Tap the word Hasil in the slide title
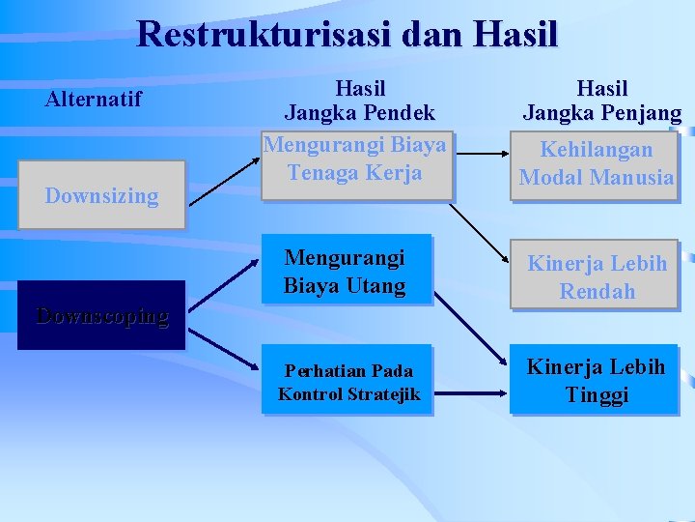pyautogui.click(x=516, y=34)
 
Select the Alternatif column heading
pyautogui.click(x=95, y=99)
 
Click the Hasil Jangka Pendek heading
pyautogui.click(x=359, y=101)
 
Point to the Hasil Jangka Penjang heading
pyautogui.click(x=601, y=101)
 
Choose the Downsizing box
pyautogui.click(x=101, y=195)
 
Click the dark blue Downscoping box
pyautogui.click(x=101, y=315)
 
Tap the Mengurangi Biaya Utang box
pyautogui.click(x=345, y=272)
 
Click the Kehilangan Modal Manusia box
pyautogui.click(x=596, y=163)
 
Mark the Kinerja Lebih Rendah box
pyautogui.click(x=596, y=276)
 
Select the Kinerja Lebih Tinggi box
pyautogui.click(x=596, y=382)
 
